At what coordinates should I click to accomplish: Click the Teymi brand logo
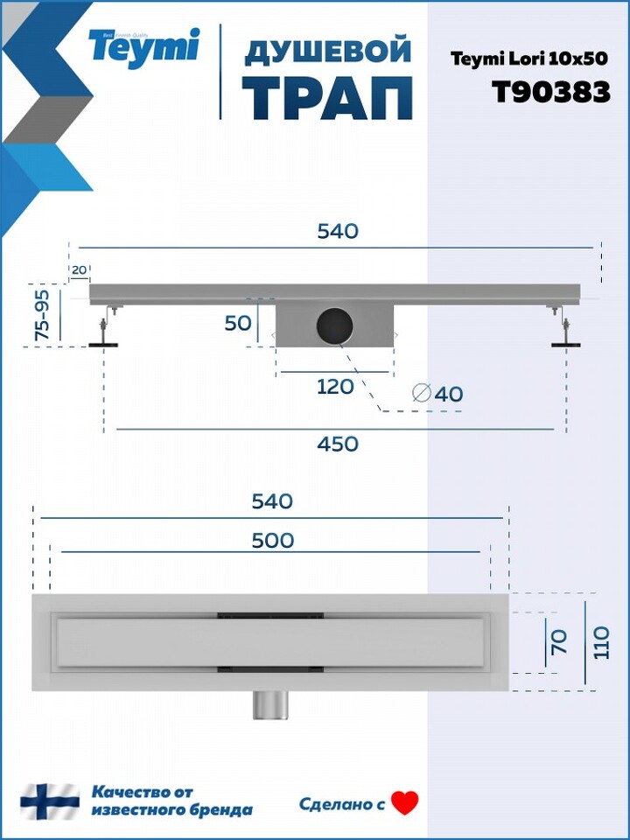(143, 47)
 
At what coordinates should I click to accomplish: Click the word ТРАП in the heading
(328, 99)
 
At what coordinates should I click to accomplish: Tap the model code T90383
(551, 92)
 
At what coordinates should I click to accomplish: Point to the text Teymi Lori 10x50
(529, 59)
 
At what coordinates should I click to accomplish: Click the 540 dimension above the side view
(338, 231)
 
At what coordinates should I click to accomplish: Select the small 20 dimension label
(79, 270)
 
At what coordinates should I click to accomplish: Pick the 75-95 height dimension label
(42, 314)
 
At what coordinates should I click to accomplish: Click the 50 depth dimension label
(238, 324)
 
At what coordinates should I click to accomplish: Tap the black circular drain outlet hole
(335, 325)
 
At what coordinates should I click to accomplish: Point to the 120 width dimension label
(335, 386)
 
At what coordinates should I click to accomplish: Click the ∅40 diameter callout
(437, 394)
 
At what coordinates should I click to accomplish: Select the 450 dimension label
(338, 444)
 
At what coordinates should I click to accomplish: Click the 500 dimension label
(273, 541)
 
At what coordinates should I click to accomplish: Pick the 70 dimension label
(559, 641)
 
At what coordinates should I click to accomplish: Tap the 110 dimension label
(601, 642)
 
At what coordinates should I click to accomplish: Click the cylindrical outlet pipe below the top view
(270, 704)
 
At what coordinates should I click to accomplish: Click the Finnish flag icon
(50, 801)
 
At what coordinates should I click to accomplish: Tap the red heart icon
(404, 803)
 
